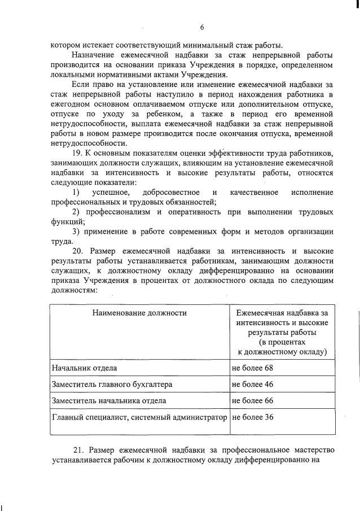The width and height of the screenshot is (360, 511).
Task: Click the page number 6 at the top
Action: pyautogui.click(x=201, y=28)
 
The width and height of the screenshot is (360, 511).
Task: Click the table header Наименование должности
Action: pyautogui.click(x=139, y=312)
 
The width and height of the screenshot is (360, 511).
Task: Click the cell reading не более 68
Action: pyautogui.click(x=252, y=368)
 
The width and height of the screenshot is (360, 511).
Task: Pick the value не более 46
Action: pyautogui.click(x=252, y=385)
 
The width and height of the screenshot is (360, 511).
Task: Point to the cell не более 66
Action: pyautogui.click(x=252, y=401)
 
